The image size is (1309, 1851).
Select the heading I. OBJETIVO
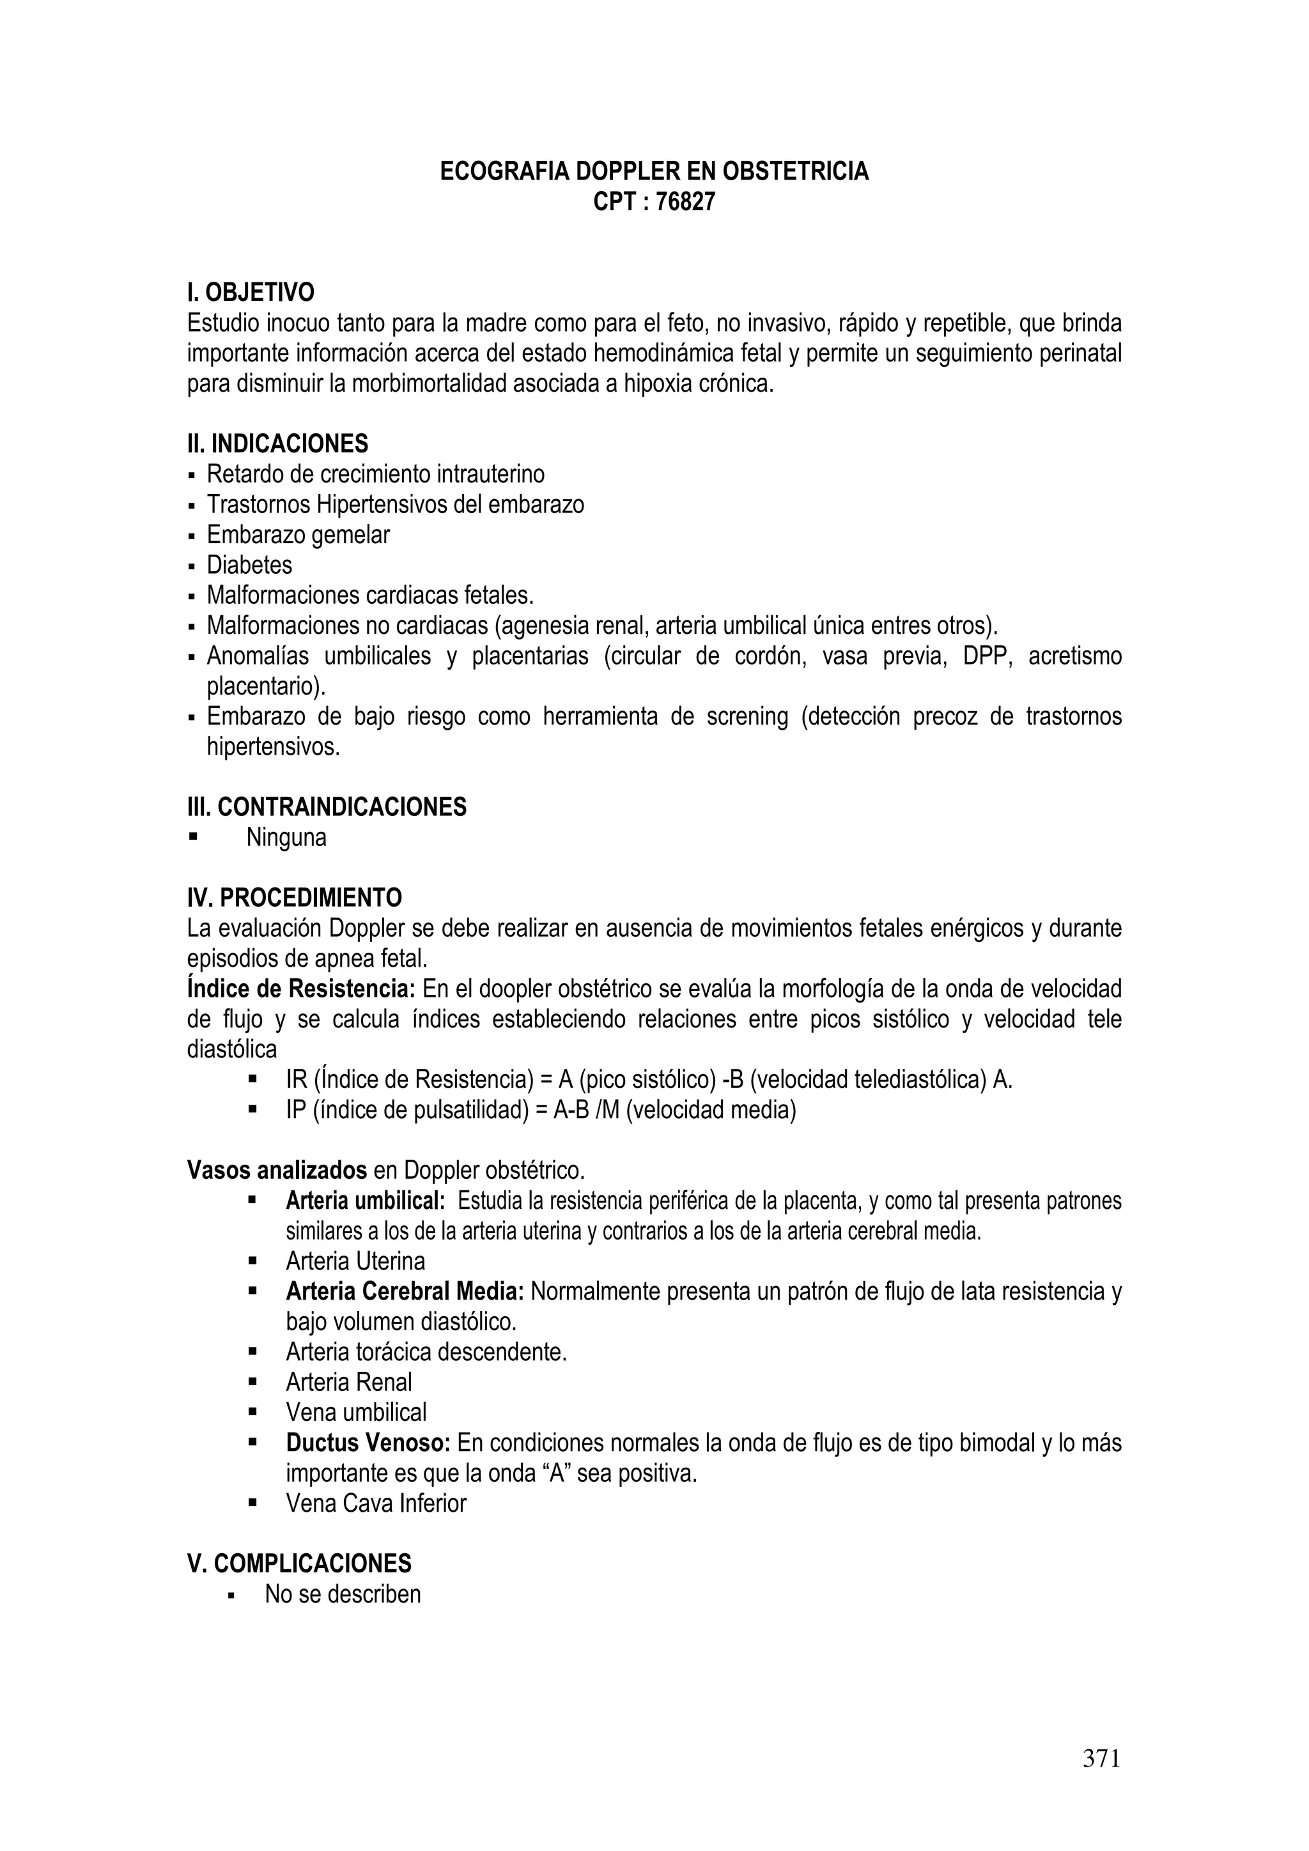pyautogui.click(x=251, y=292)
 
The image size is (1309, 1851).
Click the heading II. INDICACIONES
pyautogui.click(x=277, y=443)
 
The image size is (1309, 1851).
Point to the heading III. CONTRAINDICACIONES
pyautogui.click(x=327, y=807)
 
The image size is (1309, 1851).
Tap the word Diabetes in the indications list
pyautogui.click(x=249, y=564)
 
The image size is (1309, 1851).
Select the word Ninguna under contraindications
pyautogui.click(x=286, y=838)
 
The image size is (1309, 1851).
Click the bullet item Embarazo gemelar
pyautogui.click(x=298, y=535)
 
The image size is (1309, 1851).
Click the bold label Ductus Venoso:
pyautogui.click(x=368, y=1442)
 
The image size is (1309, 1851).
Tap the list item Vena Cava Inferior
pyautogui.click(x=376, y=1503)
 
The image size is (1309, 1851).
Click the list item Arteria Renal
pyautogui.click(x=348, y=1382)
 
